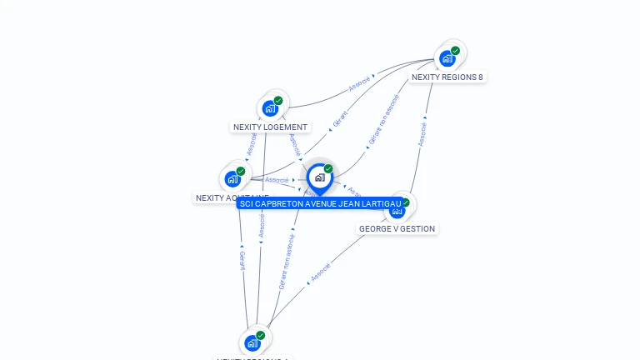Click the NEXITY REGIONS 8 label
[x=447, y=77]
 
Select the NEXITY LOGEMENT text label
[x=270, y=127]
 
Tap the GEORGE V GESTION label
[x=397, y=229]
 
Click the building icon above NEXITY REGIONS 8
[x=447, y=58]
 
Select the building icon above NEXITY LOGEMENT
[x=269, y=108]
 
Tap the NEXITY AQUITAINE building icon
[x=232, y=178]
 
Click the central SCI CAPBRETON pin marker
[x=319, y=177]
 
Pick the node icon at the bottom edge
[x=252, y=343]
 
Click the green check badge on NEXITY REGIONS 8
[x=456, y=51]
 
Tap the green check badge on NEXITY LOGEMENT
[x=278, y=101]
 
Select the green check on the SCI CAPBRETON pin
[x=328, y=169]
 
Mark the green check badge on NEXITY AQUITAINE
[x=241, y=171]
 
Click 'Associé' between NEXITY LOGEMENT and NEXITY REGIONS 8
[x=360, y=84]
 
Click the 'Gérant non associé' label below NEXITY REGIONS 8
[x=383, y=120]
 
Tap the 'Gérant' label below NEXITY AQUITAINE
[x=242, y=261]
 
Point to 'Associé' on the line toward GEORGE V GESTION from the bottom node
[x=321, y=272]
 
